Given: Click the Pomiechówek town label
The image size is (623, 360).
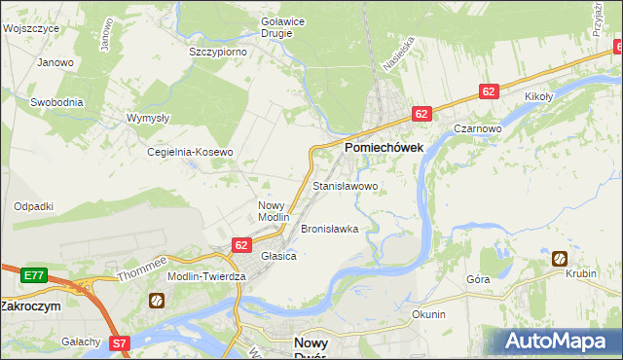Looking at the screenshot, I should click(383, 147).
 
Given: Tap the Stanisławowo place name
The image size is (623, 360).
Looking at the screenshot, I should click(345, 185).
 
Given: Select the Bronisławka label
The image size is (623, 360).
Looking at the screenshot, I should click(330, 230).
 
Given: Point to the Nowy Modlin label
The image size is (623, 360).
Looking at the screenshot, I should click(274, 211).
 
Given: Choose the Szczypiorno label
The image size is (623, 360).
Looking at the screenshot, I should click(218, 52).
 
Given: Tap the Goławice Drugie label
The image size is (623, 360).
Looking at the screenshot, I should click(276, 26).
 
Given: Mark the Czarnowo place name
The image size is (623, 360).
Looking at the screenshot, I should click(477, 128).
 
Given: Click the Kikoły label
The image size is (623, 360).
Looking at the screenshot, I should click(538, 97).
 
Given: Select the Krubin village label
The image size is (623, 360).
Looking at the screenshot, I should click(580, 274).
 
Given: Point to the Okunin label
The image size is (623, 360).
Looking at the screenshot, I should click(428, 314).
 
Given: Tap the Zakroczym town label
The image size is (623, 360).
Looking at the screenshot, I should click(30, 306).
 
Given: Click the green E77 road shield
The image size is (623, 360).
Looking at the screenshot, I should click(34, 275).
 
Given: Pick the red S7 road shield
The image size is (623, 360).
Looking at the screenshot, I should click(119, 342).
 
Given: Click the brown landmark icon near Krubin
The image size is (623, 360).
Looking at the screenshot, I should click(560, 258).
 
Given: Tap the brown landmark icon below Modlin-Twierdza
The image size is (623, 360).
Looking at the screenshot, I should click(156, 301).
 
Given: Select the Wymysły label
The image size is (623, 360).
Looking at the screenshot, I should click(148, 118).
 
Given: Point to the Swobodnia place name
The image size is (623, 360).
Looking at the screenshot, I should click(56, 101).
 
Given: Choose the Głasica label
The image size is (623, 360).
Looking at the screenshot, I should click(278, 256).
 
